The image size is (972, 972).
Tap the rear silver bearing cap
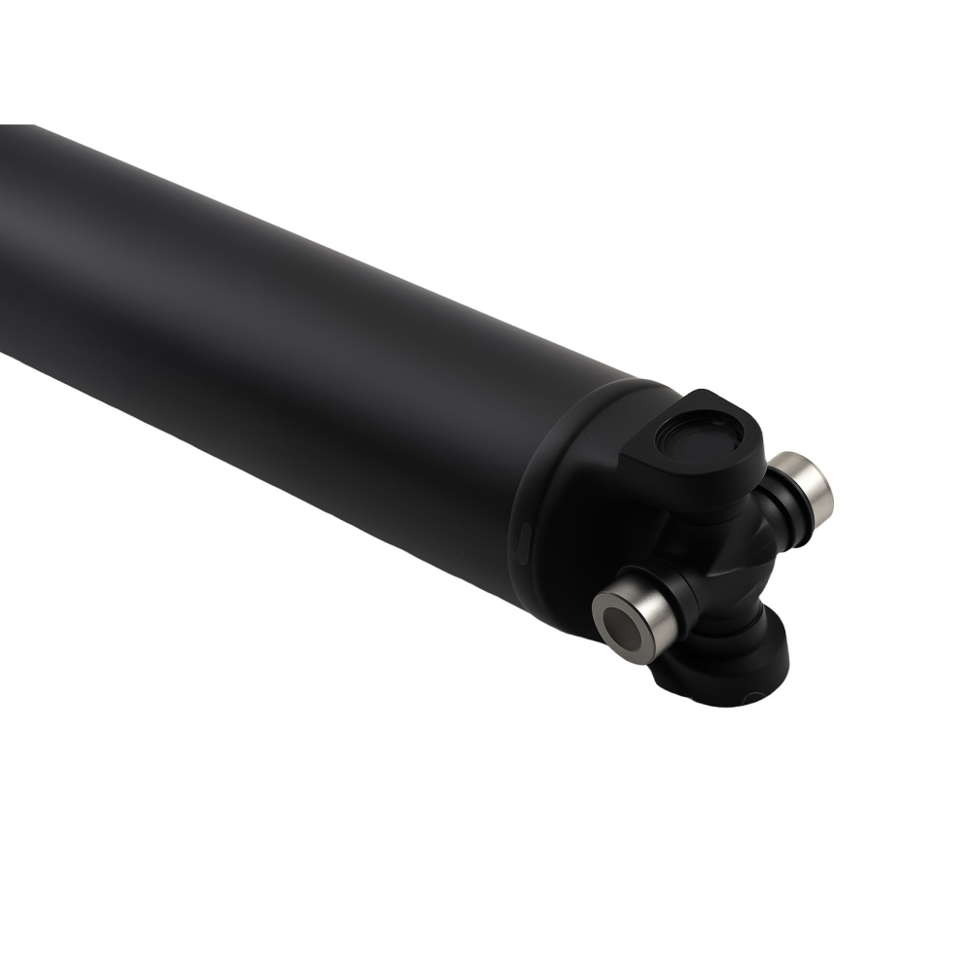(x=807, y=483)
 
